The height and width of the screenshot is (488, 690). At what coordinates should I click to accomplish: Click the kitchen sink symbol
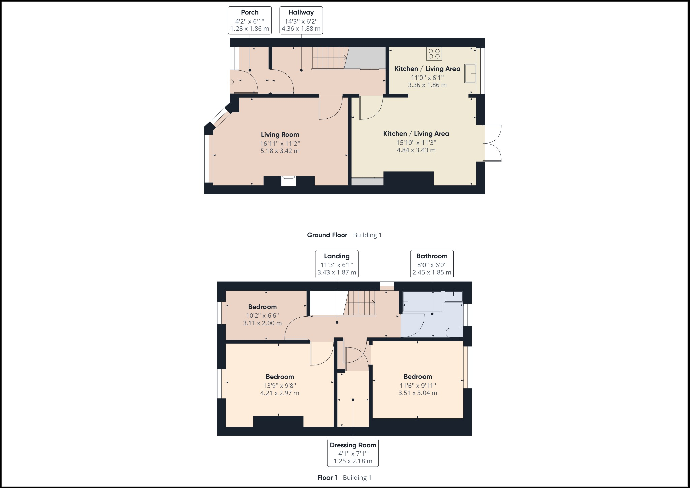[470, 73]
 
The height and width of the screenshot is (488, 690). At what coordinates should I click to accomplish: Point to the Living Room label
[280, 135]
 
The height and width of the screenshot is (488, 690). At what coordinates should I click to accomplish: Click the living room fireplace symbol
[289, 181]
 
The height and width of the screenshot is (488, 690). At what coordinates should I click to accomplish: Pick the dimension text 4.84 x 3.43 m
[416, 150]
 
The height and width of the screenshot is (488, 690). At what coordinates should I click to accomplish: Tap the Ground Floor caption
[327, 235]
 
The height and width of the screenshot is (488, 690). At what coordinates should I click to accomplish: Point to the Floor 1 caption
[327, 478]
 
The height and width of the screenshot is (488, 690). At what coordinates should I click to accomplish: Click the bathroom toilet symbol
[454, 333]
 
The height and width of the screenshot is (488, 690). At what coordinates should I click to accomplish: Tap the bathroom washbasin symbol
[453, 297]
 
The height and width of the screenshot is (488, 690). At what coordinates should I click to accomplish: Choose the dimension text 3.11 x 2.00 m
[262, 323]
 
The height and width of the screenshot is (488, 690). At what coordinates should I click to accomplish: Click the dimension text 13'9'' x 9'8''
[280, 386]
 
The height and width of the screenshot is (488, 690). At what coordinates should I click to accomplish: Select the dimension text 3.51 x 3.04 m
[417, 393]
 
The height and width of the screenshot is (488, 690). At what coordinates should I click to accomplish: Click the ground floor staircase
[329, 58]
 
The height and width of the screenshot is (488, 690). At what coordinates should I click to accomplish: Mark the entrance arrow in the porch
[231, 82]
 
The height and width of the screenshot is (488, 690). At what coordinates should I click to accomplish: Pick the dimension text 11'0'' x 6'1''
[427, 78]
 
